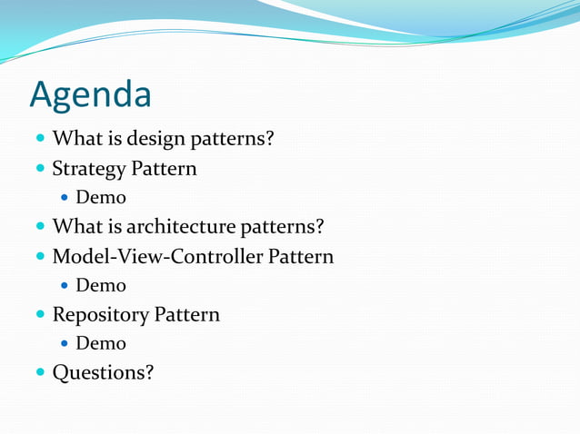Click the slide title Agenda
click(91, 94)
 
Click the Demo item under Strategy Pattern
click(101, 198)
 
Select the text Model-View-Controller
click(158, 256)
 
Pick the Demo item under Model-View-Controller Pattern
click(101, 285)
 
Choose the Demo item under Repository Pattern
click(101, 343)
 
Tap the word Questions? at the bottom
click(103, 372)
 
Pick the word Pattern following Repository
click(187, 314)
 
